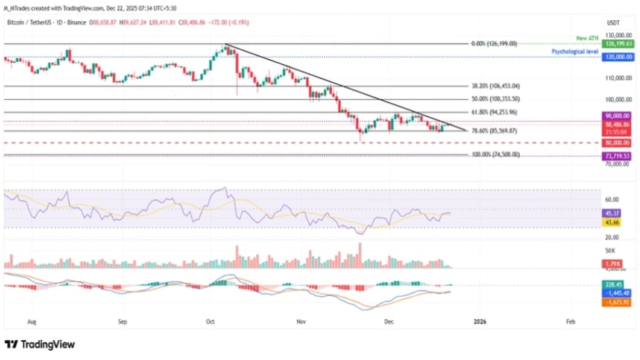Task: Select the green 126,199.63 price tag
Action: click(x=618, y=44)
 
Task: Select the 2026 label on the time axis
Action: click(x=480, y=321)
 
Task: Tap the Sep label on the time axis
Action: click(x=122, y=321)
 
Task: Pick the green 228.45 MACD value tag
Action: click(x=615, y=284)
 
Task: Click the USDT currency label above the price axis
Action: click(x=615, y=23)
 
